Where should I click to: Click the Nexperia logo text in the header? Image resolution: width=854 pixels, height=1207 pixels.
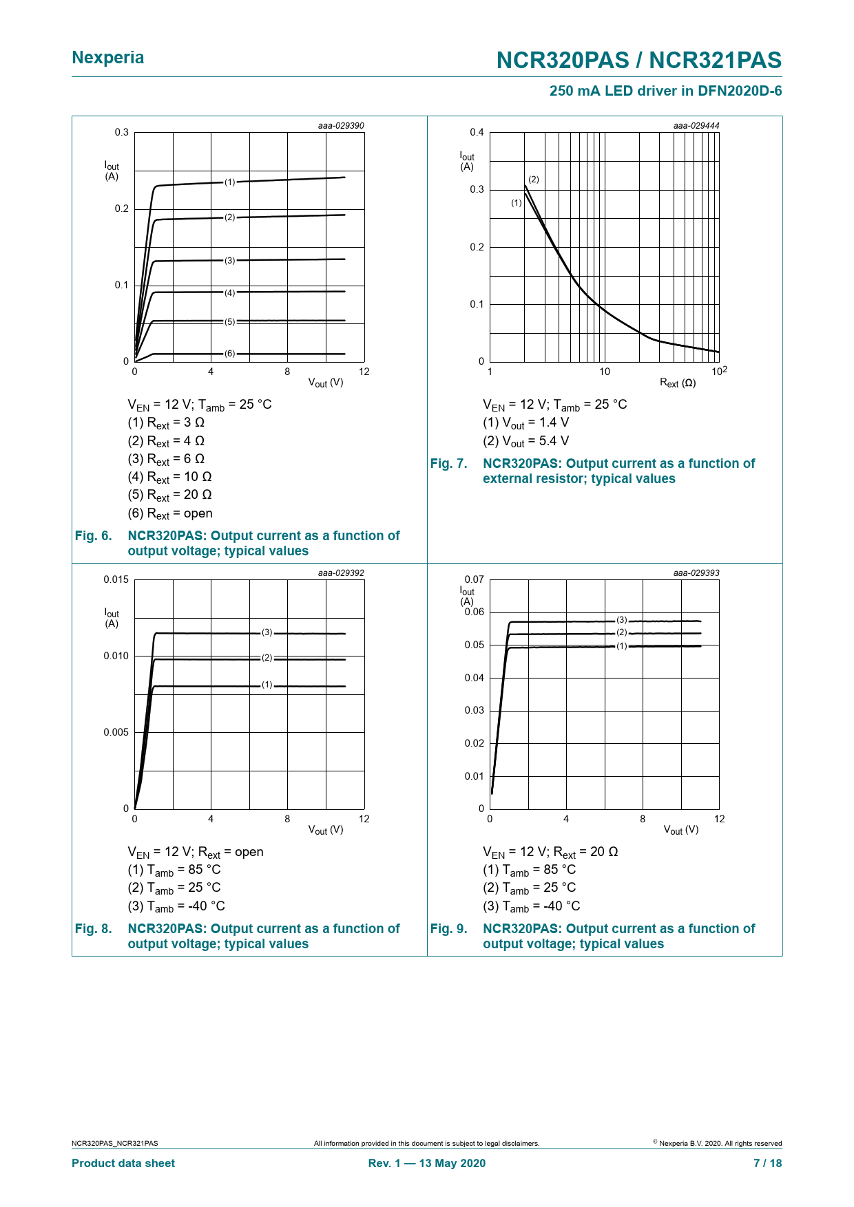(x=108, y=58)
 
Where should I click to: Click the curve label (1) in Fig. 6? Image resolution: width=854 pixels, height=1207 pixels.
(x=230, y=182)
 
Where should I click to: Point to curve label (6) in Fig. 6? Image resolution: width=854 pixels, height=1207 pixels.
(x=230, y=354)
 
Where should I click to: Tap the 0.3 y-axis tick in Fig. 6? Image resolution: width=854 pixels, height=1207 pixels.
(x=122, y=132)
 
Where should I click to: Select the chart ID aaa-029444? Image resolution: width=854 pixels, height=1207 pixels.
(x=696, y=126)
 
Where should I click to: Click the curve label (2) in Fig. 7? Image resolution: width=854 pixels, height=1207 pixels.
(x=534, y=180)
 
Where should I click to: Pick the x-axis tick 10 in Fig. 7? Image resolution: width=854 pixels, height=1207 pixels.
(x=604, y=372)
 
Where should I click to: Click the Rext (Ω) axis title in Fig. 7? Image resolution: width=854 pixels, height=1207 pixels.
(x=678, y=383)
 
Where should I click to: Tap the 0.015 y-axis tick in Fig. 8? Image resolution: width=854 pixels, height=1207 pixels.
(x=116, y=579)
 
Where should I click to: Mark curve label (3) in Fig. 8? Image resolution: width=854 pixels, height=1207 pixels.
(x=267, y=632)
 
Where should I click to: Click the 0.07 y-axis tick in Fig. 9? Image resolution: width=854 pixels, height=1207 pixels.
(x=475, y=579)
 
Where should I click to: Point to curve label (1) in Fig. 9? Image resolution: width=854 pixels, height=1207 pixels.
(x=622, y=646)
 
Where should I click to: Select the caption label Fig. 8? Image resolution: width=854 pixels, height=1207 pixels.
(x=94, y=929)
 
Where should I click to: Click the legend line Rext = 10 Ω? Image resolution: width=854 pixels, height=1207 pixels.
(x=169, y=477)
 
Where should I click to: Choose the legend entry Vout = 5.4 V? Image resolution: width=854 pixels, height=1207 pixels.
(x=526, y=441)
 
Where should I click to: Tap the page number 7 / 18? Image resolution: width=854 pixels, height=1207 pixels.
(x=767, y=1163)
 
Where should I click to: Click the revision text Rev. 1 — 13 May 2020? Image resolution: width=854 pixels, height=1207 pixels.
(x=427, y=1163)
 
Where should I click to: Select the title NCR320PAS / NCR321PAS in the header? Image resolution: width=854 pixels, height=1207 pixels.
(x=639, y=61)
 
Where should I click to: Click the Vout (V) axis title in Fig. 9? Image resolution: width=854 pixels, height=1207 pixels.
(x=681, y=830)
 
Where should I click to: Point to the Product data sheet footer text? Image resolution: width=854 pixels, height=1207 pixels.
(x=123, y=1163)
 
